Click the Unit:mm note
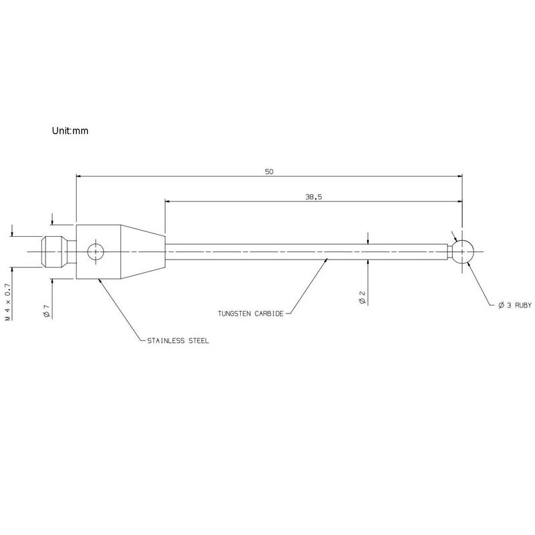(70, 130)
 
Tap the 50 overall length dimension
(270, 172)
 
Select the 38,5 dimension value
(314, 197)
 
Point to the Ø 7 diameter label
(47, 310)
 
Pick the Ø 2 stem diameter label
(362, 297)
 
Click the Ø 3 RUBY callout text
(515, 305)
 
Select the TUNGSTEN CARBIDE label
(251, 314)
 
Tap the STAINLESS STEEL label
(178, 340)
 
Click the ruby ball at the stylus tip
(463, 252)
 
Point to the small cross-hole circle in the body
(96, 252)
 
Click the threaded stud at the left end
(53, 252)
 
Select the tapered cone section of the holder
(142, 252)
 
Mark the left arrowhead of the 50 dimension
(78, 176)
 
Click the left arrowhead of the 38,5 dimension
(168, 201)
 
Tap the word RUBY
(523, 305)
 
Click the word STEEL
(199, 340)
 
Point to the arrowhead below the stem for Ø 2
(368, 262)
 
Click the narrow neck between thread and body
(72, 252)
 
